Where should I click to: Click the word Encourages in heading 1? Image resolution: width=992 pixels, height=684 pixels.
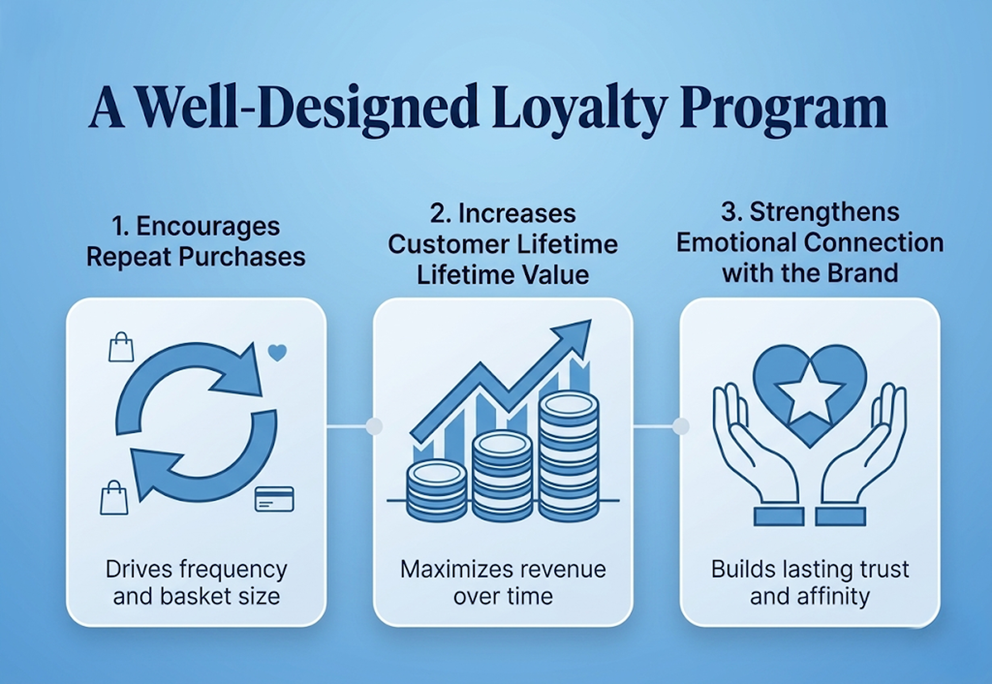click(x=208, y=226)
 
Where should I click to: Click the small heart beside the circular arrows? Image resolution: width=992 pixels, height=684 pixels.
click(x=277, y=353)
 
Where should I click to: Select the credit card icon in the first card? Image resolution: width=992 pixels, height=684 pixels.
click(x=274, y=499)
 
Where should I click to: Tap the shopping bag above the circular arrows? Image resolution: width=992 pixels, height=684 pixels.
click(x=121, y=347)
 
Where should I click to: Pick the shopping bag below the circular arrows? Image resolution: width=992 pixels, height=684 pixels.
click(x=114, y=498)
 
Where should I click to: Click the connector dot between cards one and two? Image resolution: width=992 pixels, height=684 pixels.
click(x=374, y=426)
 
